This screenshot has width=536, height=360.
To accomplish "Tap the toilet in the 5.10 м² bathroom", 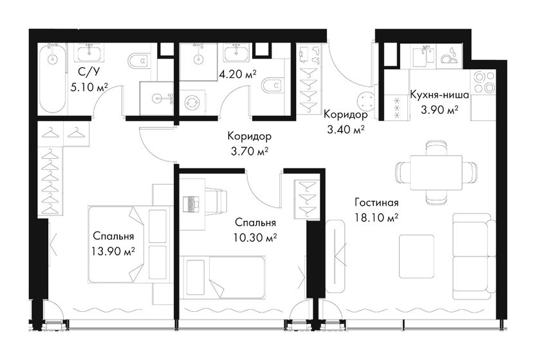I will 136,62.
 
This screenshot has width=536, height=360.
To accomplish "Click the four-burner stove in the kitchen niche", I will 484,81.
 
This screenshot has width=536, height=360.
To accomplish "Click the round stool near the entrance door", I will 369,99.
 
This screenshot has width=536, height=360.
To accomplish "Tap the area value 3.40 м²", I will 345,129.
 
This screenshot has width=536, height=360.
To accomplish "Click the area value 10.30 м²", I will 255,237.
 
